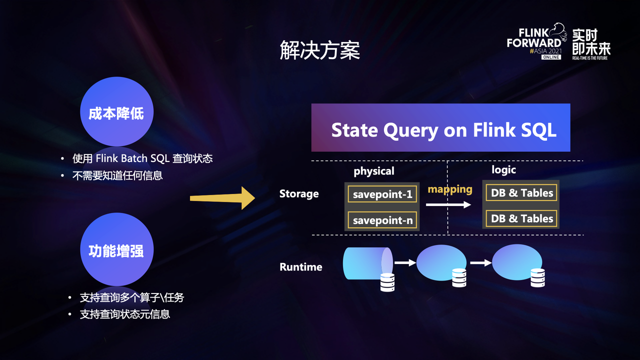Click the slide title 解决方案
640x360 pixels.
click(x=320, y=51)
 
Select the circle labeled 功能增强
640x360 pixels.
click(x=116, y=249)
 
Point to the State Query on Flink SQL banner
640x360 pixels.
click(x=440, y=128)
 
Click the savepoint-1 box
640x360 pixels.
click(x=382, y=194)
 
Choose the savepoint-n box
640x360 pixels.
click(x=382, y=220)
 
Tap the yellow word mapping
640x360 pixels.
click(x=450, y=189)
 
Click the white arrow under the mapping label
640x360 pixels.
click(x=448, y=204)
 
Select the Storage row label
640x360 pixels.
click(x=299, y=194)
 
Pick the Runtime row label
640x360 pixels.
click(x=301, y=267)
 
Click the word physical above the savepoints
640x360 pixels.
click(x=374, y=171)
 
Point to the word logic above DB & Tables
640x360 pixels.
click(x=503, y=170)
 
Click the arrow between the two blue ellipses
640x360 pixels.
click(x=480, y=262)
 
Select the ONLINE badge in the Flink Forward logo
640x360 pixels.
click(x=551, y=57)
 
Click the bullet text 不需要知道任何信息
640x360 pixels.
click(x=118, y=175)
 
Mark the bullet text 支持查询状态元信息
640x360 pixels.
click(x=125, y=314)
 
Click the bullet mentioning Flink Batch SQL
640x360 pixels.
click(x=142, y=158)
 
